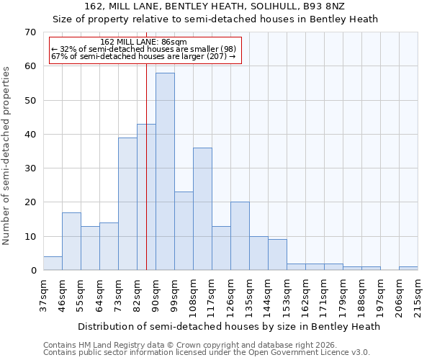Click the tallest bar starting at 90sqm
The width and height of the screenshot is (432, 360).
click(x=165, y=171)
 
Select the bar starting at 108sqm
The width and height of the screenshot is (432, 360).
click(x=202, y=209)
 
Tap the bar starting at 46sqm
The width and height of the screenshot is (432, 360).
click(x=71, y=241)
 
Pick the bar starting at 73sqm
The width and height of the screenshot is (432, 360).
click(x=127, y=204)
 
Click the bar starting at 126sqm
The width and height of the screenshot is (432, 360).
click(x=240, y=236)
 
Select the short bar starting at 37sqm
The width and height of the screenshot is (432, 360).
click(x=53, y=264)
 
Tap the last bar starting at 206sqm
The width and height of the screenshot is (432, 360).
click(x=408, y=269)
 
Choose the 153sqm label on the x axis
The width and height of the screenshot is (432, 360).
click(x=287, y=294)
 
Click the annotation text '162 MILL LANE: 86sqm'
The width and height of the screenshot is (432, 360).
click(x=144, y=42)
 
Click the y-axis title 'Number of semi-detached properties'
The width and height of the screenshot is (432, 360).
click(x=6, y=156)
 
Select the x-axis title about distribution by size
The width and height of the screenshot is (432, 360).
click(x=228, y=326)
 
